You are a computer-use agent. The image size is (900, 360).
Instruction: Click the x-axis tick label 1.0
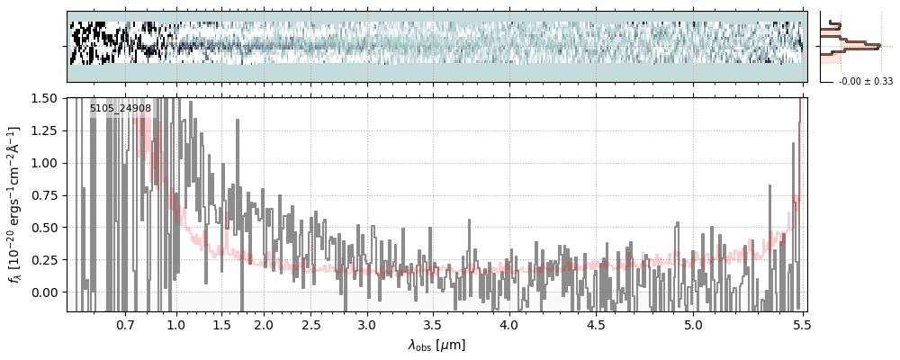coord(176,324)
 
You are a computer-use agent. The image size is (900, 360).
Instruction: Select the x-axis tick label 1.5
coord(221,324)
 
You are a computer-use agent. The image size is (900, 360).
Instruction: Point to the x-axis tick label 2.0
coord(264,324)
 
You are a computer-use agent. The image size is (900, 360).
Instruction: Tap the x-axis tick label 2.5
coord(310,324)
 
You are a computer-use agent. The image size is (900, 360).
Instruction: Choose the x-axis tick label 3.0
coord(366,324)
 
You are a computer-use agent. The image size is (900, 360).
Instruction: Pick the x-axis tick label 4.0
coord(509,324)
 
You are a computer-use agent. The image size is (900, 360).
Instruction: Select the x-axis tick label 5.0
coord(693,324)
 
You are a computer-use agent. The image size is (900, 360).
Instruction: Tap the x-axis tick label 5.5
coord(800,324)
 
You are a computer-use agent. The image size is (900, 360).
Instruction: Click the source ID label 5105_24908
coord(121,109)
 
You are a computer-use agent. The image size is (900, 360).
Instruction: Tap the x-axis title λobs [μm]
coord(436,345)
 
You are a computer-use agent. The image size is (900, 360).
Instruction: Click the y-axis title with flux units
coord(15,204)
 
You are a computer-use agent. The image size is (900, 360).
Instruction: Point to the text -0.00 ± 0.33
coord(865,82)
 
